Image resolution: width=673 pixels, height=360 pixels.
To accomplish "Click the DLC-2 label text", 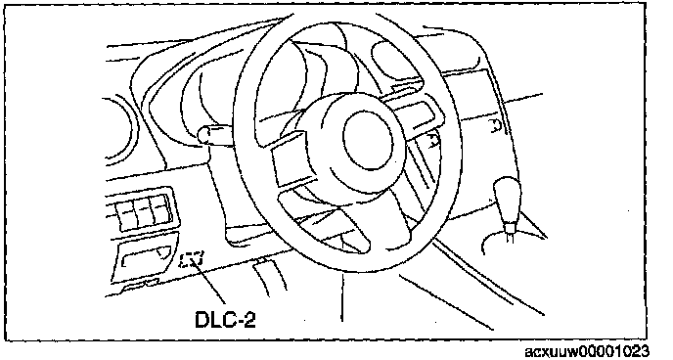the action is pyautogui.click(x=225, y=320).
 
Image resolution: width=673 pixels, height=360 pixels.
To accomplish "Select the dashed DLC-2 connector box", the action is pyautogui.click(x=193, y=259).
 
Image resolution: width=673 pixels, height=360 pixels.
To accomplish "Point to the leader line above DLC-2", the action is pyautogui.click(x=210, y=283).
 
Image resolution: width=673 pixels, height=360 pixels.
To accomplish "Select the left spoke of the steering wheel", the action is pyautogui.click(x=292, y=159).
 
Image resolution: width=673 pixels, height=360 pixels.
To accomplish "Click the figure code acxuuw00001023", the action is pyautogui.click(x=587, y=352).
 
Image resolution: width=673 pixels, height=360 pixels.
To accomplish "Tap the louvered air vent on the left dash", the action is pyautogui.click(x=142, y=210).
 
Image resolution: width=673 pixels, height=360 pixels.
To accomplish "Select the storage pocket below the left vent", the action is pyautogui.click(x=144, y=258).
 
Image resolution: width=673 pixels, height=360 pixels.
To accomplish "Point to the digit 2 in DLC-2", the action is pyautogui.click(x=249, y=320).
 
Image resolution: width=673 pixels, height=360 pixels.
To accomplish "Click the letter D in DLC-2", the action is pyautogui.click(x=202, y=320).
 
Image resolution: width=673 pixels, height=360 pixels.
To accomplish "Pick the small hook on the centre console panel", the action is pyautogui.click(x=496, y=126).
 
